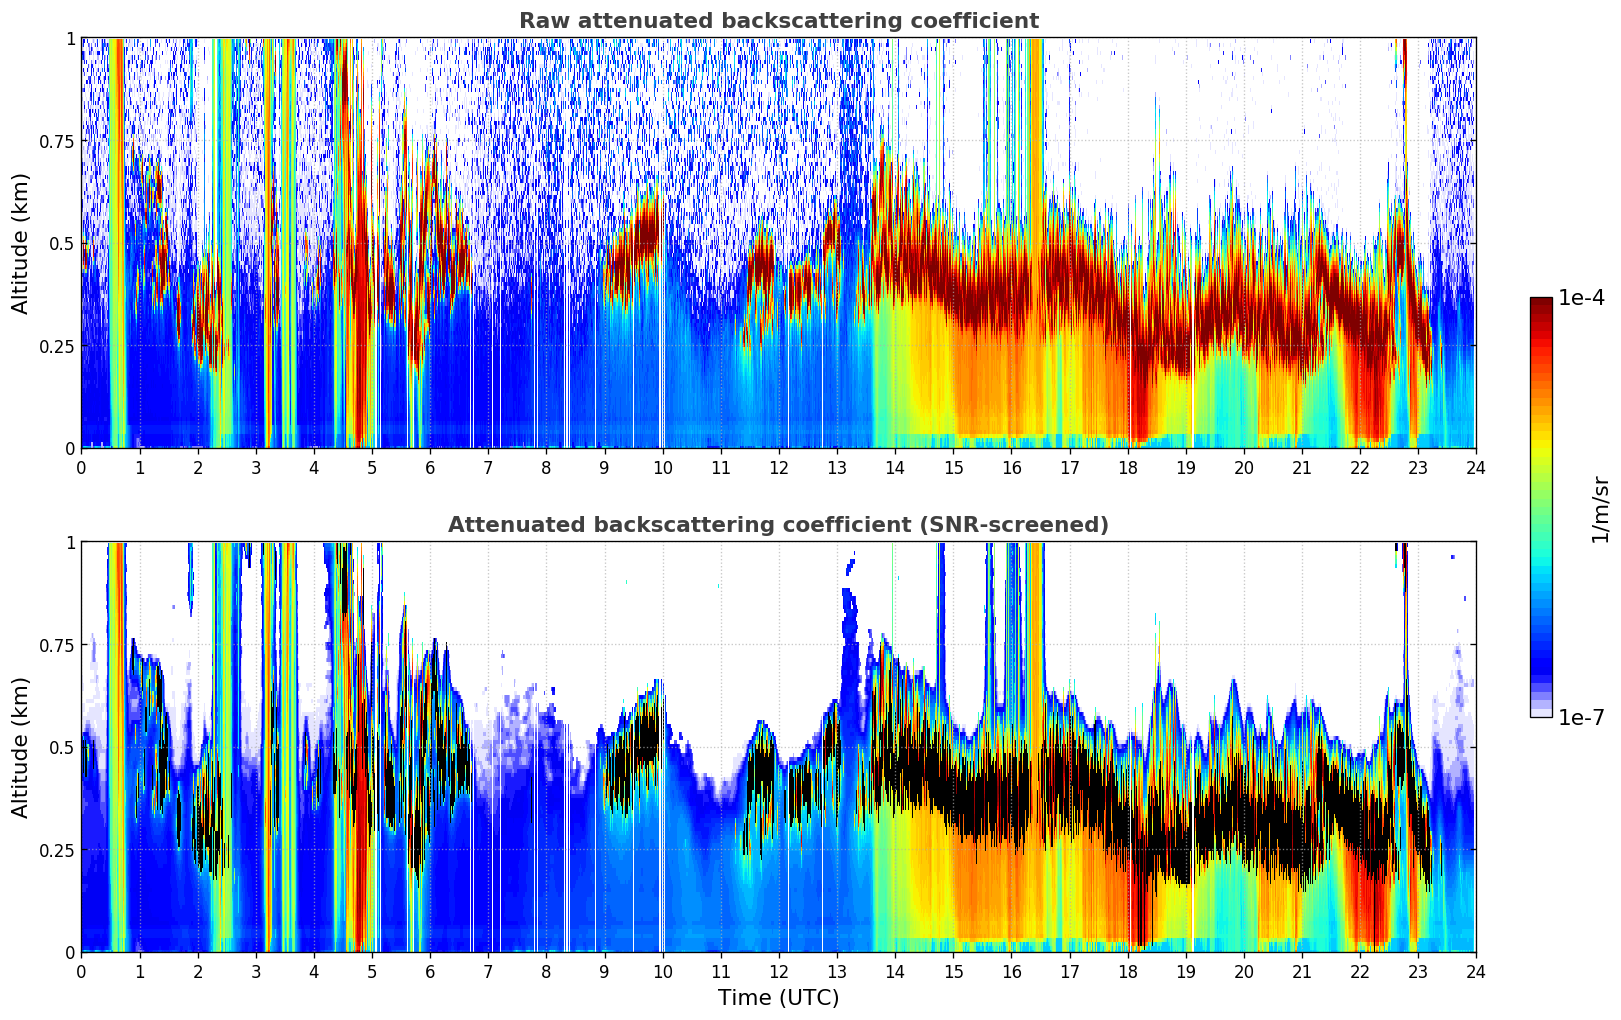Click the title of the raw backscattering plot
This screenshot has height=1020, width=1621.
778,21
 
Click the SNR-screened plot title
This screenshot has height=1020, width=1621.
778,525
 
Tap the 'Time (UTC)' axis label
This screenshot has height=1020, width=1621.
778,998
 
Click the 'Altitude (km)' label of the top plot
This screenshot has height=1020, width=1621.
21,243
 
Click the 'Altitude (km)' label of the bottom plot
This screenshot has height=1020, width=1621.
21,747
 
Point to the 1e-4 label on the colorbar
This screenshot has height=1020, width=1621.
1581,298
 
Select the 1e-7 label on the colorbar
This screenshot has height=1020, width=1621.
1581,717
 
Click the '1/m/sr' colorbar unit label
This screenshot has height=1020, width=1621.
1600,509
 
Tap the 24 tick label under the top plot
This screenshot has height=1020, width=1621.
1476,468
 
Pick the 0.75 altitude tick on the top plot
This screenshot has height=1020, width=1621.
57,141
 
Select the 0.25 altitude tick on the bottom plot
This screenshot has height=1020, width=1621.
57,850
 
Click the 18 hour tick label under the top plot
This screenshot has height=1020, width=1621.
1128,468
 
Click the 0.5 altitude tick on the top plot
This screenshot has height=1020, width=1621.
63,244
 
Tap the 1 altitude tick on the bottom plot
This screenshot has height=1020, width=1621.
70,542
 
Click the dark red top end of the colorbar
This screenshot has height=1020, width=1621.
1541,302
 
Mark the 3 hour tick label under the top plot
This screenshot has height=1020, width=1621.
256,468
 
